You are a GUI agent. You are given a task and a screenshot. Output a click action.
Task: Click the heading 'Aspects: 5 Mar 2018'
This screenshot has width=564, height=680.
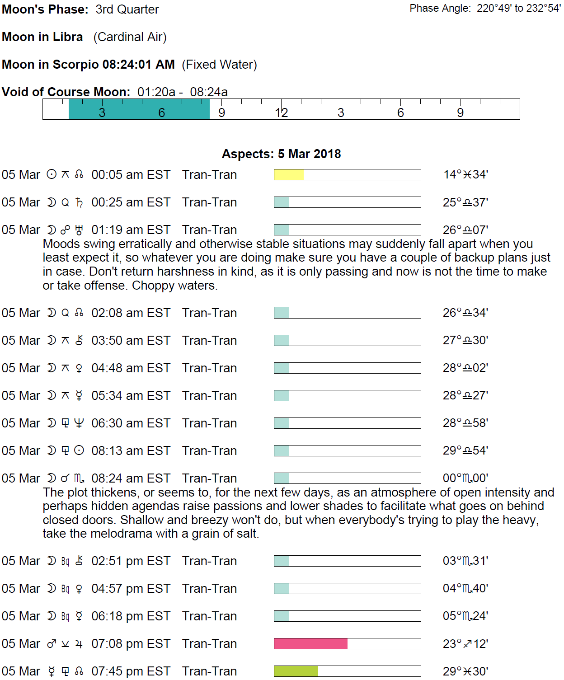[281, 154]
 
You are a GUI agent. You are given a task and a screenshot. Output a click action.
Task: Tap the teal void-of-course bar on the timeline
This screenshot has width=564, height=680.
[139, 109]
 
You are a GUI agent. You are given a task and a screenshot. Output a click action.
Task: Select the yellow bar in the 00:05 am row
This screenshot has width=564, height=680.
[288, 175]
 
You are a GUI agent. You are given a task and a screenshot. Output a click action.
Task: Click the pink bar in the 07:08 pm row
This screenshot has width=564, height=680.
[310, 643]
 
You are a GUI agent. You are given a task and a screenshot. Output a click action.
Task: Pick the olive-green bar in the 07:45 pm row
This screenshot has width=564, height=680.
[296, 671]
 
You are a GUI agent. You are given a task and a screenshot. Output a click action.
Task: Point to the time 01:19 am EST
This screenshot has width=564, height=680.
[131, 230]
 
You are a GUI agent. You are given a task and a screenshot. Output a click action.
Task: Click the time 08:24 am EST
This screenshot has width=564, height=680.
[131, 478]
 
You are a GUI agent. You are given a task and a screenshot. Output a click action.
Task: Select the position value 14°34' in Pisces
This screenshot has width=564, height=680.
[465, 175]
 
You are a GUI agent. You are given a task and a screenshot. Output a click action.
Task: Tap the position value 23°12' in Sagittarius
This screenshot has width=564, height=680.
[465, 643]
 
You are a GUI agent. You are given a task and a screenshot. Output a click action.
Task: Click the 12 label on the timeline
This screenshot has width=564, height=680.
[281, 113]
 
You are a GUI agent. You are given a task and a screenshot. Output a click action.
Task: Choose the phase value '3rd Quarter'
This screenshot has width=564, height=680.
[127, 9]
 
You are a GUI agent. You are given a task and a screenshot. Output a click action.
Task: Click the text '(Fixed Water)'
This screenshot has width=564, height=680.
[219, 65]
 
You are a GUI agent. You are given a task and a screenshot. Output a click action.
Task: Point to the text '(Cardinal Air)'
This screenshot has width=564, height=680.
[130, 37]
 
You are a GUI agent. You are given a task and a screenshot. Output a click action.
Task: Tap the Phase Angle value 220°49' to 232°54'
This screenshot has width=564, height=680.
[519, 9]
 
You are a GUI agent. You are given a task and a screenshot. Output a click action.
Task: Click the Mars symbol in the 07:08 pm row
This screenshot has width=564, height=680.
[52, 644]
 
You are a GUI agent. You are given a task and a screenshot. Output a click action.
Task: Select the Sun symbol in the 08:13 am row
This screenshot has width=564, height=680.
[79, 450]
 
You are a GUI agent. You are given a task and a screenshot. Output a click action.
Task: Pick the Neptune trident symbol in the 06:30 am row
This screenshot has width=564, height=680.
[79, 423]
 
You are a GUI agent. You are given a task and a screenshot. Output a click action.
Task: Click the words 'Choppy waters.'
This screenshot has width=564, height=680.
[175, 286]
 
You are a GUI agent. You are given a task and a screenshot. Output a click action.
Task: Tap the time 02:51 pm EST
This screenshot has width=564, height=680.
[131, 561]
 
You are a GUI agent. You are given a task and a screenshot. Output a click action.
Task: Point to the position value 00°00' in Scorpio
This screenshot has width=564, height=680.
[465, 478]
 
